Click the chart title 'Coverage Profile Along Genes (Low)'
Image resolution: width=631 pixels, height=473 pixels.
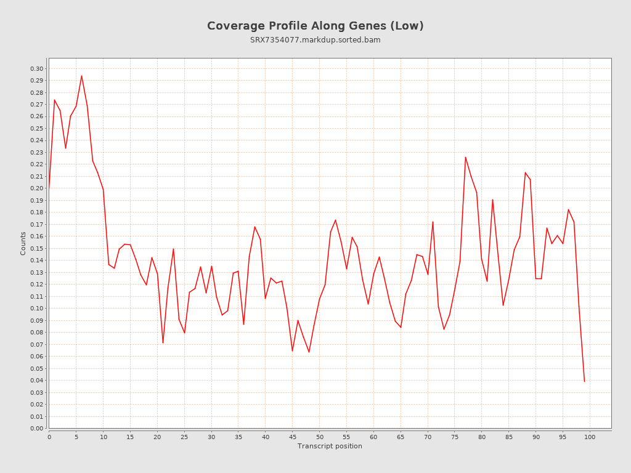(315, 26)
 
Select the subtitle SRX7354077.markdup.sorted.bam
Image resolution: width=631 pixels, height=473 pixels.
(315, 40)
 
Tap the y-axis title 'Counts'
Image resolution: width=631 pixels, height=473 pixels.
(23, 243)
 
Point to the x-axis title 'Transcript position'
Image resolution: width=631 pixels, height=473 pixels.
(330, 446)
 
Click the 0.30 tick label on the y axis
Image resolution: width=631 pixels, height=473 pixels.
(37, 68)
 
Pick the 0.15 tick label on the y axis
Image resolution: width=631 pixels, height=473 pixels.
(37, 248)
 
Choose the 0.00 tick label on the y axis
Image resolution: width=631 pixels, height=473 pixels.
(37, 428)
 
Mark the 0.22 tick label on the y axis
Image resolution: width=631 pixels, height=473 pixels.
(37, 164)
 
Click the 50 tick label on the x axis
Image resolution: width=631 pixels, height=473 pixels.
(319, 437)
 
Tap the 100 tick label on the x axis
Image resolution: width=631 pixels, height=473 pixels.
(590, 437)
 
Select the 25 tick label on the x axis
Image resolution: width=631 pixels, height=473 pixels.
(184, 437)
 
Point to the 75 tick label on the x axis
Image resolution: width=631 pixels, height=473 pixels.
(455, 437)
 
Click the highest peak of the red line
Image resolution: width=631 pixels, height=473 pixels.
(81, 76)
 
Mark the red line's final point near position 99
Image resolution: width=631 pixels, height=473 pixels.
(584, 381)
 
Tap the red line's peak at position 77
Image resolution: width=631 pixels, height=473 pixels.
(465, 157)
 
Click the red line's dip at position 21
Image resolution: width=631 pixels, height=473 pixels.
(163, 343)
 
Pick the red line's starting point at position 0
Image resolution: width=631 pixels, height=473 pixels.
(49, 187)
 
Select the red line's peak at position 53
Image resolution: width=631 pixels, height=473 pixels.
(335, 220)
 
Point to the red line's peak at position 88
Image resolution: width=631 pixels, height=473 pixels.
(525, 172)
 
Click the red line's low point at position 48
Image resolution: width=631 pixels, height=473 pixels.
(309, 352)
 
